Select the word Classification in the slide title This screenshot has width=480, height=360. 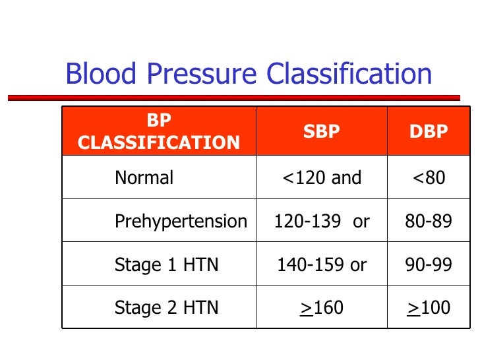point(349,75)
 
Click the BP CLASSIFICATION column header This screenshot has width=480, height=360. point(158,131)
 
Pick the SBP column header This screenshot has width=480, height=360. point(321,131)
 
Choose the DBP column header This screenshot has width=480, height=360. point(429,131)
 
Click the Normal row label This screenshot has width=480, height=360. point(144,177)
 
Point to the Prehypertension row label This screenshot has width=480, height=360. point(181,222)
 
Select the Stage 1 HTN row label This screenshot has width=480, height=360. point(166,265)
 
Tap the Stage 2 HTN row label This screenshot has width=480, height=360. point(166,308)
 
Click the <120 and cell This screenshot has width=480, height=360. point(321,177)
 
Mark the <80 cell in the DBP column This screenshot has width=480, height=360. point(429,177)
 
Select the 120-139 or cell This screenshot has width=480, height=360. point(321,222)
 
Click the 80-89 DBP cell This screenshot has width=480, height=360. point(429,222)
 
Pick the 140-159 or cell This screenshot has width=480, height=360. point(321,265)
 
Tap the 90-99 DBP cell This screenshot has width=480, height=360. point(429,265)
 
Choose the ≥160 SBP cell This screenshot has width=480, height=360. point(321,308)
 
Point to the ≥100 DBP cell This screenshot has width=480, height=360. point(429,308)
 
